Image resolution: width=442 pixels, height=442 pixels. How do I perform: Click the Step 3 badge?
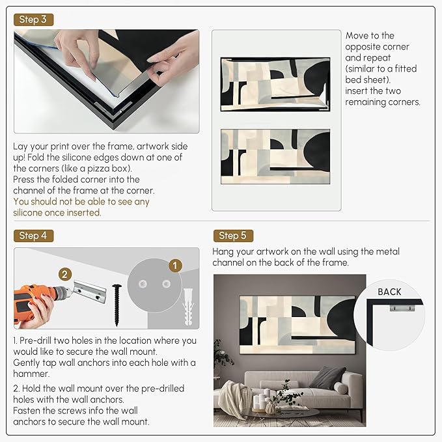pos(33,20)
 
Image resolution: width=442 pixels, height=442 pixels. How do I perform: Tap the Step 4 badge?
pos(33,236)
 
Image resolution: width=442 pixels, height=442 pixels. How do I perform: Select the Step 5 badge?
pos(233,236)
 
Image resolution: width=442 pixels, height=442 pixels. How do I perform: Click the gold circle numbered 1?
pos(175,266)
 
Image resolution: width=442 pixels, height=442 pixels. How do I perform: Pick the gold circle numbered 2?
pos(65,274)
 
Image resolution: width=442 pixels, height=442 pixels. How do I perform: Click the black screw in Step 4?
pos(117,305)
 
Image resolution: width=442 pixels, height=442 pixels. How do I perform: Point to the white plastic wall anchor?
pos(188,307)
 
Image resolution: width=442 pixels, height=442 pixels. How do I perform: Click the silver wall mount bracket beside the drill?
pos(90,292)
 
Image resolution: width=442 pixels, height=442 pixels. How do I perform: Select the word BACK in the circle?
pos(389,292)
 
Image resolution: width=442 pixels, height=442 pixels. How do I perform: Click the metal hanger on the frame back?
pos(402,307)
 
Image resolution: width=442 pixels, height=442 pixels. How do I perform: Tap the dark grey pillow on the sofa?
pos(328,377)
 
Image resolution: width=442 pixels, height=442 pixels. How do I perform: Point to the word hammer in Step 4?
pos(31,374)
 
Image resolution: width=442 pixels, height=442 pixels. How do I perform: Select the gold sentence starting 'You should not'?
pos(81,207)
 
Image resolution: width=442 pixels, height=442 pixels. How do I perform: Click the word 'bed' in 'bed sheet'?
pos(353,80)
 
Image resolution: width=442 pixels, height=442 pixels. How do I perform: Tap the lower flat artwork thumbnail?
pos(275,157)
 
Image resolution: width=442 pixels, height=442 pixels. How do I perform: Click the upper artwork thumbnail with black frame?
pos(275,84)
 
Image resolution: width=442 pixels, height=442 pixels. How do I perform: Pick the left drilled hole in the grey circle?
pos(143,284)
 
